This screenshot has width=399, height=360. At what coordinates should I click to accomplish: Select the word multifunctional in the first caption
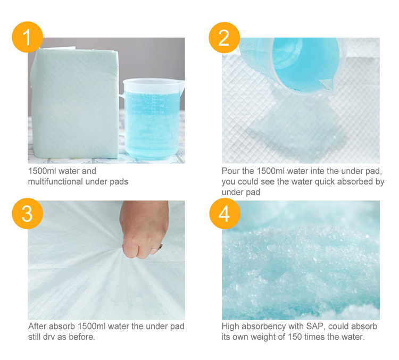56,181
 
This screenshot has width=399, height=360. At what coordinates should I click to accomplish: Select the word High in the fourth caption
230,326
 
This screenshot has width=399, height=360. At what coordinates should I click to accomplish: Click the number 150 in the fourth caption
299,337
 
